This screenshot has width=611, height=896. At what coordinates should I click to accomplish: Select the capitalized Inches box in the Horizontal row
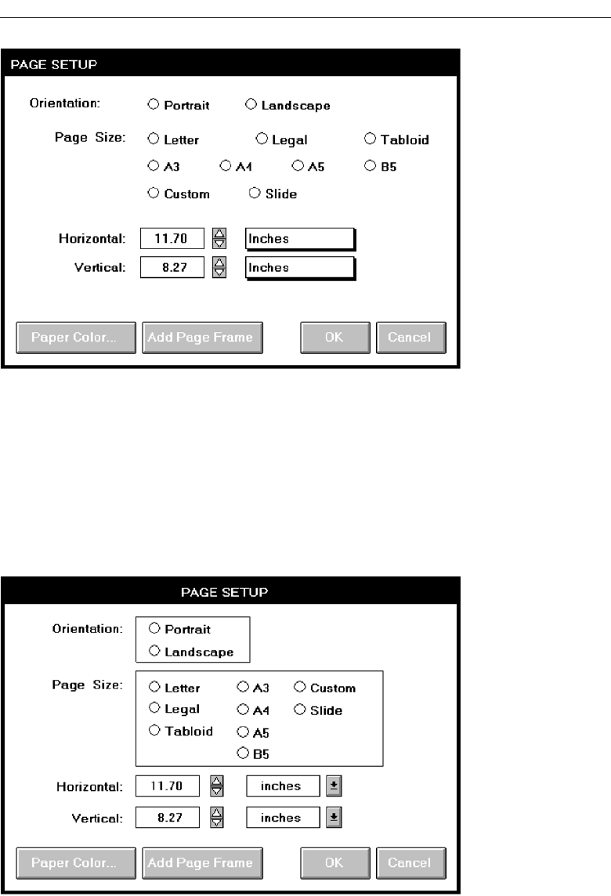point(299,239)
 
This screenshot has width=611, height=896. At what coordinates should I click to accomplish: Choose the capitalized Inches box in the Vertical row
point(299,267)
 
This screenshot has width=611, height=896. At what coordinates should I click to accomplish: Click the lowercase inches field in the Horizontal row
point(283,786)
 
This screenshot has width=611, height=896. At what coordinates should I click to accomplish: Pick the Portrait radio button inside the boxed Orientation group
point(154,628)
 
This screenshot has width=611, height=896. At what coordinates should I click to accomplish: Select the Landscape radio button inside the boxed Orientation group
point(154,651)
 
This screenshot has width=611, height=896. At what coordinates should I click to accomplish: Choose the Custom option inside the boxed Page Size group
point(300,687)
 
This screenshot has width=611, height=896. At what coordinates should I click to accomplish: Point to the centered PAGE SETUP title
point(224,592)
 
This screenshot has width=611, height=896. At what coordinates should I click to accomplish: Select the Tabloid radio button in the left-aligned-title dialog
point(370,139)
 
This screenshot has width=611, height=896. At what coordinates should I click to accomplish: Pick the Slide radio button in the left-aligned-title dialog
point(254,193)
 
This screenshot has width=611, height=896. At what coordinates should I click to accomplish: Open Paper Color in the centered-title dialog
point(75,862)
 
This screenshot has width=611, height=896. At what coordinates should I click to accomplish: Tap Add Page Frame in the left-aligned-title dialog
point(201,338)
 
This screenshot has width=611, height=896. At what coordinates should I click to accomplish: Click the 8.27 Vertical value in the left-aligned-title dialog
point(172,267)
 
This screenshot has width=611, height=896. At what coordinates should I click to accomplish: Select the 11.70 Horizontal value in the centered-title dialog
point(167,786)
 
